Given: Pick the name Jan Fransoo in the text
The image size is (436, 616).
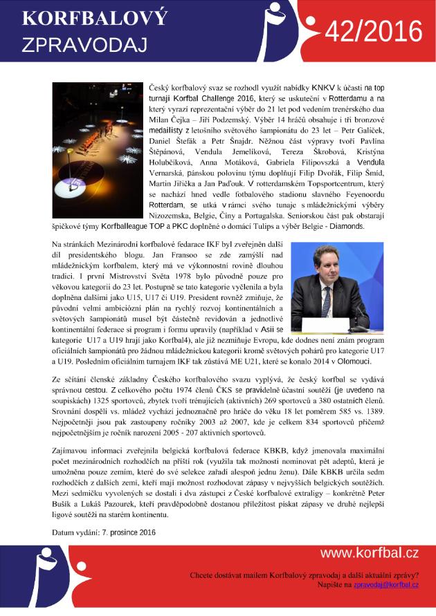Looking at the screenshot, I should tap(185, 256).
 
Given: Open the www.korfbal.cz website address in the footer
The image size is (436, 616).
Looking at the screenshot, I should tap(370, 554).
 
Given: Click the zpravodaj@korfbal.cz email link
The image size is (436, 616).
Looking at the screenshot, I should tap(386, 585).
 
